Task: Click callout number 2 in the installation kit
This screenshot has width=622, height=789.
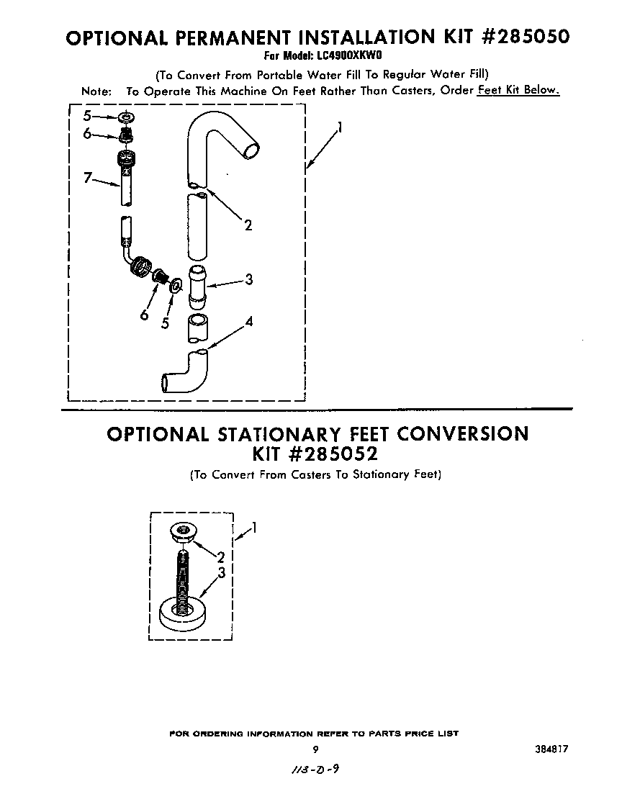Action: (x=248, y=225)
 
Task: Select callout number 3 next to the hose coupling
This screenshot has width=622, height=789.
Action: (x=248, y=280)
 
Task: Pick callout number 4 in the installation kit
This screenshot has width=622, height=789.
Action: (x=248, y=322)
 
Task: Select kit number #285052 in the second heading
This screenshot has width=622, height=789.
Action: (x=316, y=455)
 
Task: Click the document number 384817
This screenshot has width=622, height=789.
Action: (x=550, y=749)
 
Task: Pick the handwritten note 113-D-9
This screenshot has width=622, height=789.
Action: (x=312, y=769)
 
